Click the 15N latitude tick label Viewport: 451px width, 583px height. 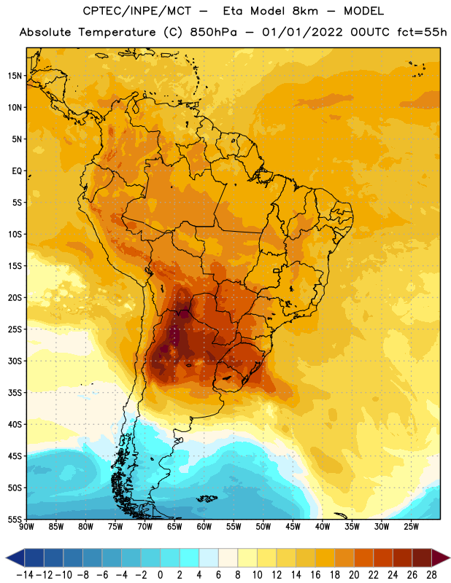pyautogui.click(x=15, y=76)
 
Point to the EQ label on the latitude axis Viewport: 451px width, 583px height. pyautogui.click(x=17, y=171)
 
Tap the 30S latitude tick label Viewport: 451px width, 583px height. pyautogui.click(x=15, y=361)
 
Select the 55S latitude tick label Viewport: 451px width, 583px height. pyautogui.click(x=15, y=519)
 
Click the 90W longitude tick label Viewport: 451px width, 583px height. pyautogui.click(x=26, y=527)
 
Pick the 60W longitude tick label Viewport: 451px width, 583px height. pyautogui.click(x=204, y=527)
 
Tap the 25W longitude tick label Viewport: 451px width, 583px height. pyautogui.click(x=411, y=527)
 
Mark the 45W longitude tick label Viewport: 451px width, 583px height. pyautogui.click(x=293, y=527)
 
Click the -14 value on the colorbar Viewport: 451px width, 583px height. pyautogui.click(x=25, y=575)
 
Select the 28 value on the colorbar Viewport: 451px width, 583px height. pyautogui.click(x=431, y=575)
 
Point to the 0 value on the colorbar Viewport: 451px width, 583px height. pyautogui.click(x=161, y=575)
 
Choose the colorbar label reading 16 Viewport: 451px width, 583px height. pyautogui.click(x=315, y=575)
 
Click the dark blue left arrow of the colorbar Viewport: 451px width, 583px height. pyautogui.click(x=15, y=557)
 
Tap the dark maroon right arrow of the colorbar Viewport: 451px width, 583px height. pyautogui.click(x=441, y=557)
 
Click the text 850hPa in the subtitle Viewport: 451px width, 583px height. pyautogui.click(x=213, y=32)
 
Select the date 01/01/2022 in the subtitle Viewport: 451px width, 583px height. pyautogui.click(x=302, y=32)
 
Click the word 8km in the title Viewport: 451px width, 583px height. pyautogui.click(x=305, y=11)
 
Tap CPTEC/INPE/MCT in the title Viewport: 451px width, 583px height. pyautogui.click(x=137, y=11)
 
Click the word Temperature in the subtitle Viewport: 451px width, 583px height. pyautogui.click(x=117, y=33)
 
